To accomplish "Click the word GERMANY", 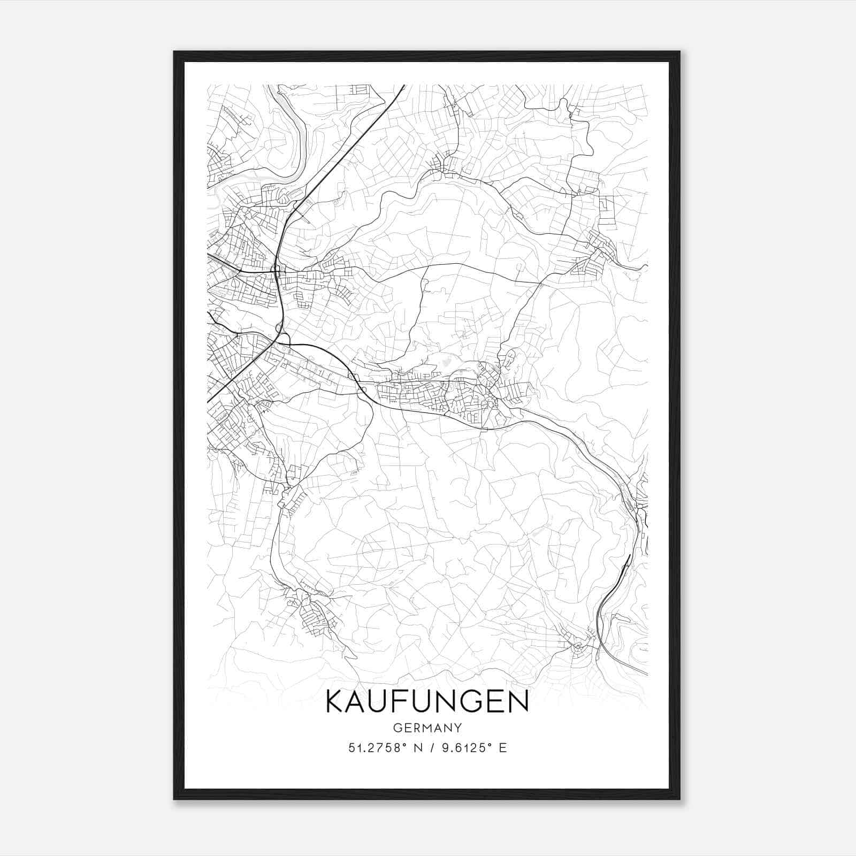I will (x=427, y=728).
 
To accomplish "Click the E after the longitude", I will (x=502, y=748).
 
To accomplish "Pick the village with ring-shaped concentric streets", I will (x=578, y=648).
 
